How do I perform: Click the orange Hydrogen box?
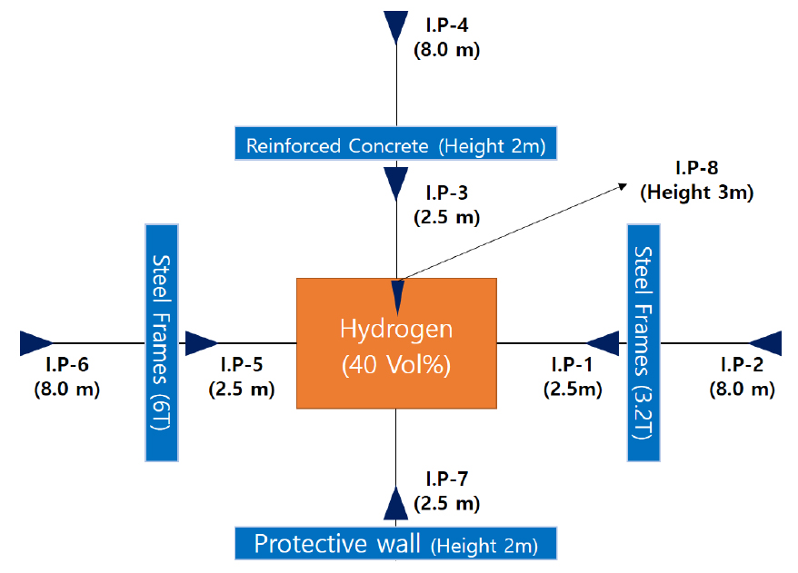(396, 343)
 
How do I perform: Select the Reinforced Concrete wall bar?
(396, 143)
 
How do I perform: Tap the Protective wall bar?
(396, 543)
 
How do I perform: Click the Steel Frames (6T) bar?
(162, 342)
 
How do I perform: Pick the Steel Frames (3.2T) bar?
(643, 342)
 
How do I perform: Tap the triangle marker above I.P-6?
(36, 343)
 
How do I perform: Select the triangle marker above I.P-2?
(765, 343)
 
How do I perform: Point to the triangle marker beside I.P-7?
(396, 503)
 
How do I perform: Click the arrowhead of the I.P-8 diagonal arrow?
(623, 186)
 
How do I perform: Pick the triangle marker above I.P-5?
(202, 343)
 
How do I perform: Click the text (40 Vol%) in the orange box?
(396, 364)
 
